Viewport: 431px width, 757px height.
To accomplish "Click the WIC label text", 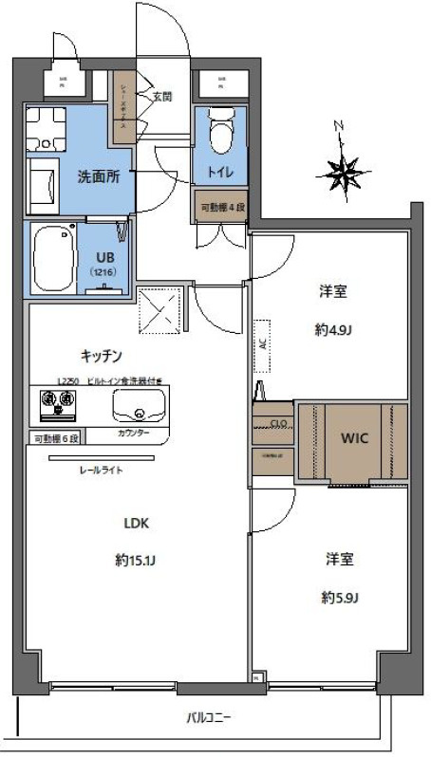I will tap(353, 440).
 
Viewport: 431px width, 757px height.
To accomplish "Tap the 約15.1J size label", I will tap(136, 560).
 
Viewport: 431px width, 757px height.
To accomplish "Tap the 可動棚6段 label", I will tap(58, 438).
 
